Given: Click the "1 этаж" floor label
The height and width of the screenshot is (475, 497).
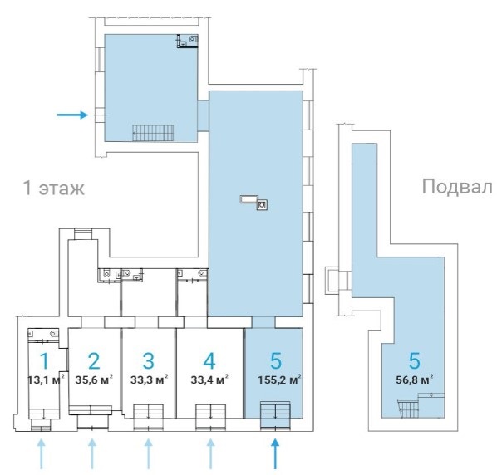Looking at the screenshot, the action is [54, 189].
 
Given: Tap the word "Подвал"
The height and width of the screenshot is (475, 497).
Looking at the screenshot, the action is [457, 186].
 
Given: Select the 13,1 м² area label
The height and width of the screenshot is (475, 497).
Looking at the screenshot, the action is [47, 380].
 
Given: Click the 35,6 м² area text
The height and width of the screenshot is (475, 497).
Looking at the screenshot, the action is [94, 380].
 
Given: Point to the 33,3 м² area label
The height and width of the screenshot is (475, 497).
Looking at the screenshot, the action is [149, 380].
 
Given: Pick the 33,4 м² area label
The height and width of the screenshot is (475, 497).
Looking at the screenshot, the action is [209, 380].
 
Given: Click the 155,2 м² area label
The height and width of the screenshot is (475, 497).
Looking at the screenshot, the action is [279, 380].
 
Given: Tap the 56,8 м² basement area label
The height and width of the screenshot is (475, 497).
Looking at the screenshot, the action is [415, 380].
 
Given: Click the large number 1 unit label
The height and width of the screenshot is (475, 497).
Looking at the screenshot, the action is [45, 361].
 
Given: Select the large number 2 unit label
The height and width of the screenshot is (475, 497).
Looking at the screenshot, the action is [94, 361].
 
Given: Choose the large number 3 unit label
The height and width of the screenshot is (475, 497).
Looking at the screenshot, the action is [149, 361].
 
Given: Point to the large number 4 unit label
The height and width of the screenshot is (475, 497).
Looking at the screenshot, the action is [209, 361].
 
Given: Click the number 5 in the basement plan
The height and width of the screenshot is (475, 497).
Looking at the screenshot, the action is [415, 361].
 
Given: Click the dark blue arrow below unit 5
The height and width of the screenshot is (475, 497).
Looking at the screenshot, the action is [275, 453].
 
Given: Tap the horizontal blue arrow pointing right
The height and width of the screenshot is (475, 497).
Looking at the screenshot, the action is [72, 115].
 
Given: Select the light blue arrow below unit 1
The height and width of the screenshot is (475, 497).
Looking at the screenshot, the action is [42, 453].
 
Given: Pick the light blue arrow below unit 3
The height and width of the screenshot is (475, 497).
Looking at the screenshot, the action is [148, 453].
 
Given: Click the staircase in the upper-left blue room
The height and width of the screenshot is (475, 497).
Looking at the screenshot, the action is [153, 133].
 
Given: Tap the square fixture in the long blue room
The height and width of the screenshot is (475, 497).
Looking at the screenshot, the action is [262, 205].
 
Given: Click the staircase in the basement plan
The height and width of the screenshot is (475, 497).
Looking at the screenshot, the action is [409, 409].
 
